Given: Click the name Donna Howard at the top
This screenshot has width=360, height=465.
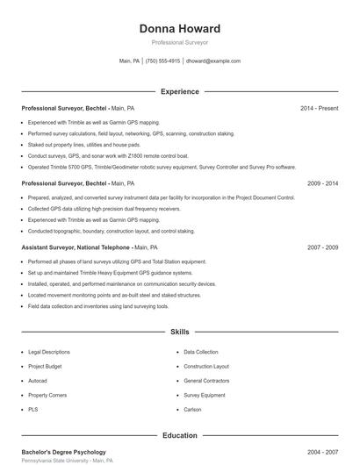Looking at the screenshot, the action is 180,28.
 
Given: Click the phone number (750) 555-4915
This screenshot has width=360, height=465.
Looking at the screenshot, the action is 162,61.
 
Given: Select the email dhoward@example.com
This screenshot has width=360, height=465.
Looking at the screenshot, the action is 213,61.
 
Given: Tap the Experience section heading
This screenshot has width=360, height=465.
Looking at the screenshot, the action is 180,91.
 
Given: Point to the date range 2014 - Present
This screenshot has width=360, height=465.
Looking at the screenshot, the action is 319,108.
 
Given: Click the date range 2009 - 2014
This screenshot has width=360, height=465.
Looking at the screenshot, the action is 322,183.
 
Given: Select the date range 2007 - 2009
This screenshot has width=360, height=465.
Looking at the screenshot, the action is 322,247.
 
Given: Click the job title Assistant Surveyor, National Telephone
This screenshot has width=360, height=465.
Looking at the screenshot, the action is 77,247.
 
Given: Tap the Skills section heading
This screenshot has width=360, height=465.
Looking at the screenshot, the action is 180,333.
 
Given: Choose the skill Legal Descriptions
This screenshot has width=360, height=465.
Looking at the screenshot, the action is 48,352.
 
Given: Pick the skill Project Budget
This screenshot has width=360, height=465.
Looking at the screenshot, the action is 45,366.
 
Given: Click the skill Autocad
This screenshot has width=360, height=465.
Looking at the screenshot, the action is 38,381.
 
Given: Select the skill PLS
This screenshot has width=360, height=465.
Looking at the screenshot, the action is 32,409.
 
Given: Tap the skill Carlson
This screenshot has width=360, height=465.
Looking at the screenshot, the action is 192,409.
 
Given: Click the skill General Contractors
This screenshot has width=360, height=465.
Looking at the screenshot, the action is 206,381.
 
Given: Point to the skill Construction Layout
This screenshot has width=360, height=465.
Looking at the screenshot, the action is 206,366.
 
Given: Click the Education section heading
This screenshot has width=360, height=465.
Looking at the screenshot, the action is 180,435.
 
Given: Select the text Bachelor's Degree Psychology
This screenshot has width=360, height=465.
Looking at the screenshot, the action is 63,451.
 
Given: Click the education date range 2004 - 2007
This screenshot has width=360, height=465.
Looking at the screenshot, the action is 322,451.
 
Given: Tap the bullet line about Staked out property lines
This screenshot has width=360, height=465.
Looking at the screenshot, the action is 83,144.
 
